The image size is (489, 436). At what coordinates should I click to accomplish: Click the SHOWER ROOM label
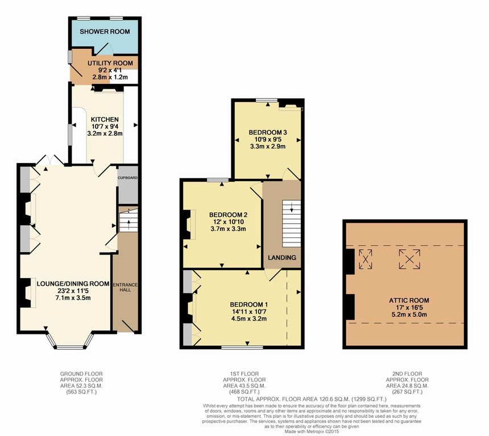pos(105,31)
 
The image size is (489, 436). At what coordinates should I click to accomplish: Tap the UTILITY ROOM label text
pos(110,63)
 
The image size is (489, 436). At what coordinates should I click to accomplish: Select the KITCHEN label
pos(105,119)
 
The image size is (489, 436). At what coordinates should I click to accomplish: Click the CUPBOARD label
pos(127,178)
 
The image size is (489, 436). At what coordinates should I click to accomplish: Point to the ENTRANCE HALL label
pos(125,287)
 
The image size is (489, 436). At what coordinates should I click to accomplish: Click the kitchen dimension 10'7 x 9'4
pos(105,127)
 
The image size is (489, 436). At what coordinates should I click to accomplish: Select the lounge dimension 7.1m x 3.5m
pos(73,297)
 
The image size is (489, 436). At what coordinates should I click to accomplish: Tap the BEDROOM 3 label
pos(268,132)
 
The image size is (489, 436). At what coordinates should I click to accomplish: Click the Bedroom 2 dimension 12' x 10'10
pos(228,222)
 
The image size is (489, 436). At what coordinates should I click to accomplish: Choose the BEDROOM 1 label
pos(249,305)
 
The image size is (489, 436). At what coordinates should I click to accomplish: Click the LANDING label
pos(282,258)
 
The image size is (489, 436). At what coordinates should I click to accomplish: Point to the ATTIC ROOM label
pos(409,300)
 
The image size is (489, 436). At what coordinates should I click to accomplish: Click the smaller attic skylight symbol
pos(365,259)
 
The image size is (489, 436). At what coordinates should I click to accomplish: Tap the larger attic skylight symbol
pos(409,259)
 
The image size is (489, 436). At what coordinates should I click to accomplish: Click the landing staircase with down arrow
pos(292,224)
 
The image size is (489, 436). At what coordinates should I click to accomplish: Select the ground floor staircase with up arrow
pos(129,220)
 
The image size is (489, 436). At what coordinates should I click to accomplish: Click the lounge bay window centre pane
pos(71,347)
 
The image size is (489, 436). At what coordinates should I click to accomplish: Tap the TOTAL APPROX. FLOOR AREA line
pos(312,399)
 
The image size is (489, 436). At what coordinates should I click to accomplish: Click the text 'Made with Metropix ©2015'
pos(312,431)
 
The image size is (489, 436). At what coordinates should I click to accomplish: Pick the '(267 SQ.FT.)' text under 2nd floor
pos(407,392)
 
